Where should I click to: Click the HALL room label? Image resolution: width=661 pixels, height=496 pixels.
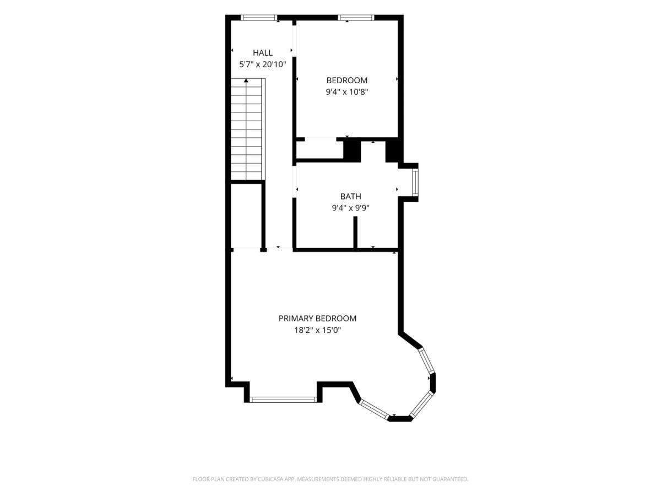tap(263, 53)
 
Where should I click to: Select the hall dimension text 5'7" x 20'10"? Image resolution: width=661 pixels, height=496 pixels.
tap(262, 64)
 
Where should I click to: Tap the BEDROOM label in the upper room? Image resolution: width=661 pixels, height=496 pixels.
tap(347, 80)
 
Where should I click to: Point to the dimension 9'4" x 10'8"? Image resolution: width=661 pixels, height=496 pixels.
tap(347, 92)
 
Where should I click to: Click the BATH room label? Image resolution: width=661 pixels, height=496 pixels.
tap(350, 196)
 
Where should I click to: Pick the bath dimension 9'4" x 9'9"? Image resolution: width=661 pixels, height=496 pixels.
tap(350, 208)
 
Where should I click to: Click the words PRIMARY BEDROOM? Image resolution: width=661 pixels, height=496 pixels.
tap(317, 319)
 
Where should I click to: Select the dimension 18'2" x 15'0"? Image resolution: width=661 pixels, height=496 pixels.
tap(317, 330)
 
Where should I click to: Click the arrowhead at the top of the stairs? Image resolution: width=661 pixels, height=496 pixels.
tap(246, 80)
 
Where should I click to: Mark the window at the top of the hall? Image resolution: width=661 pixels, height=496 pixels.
tap(259, 18)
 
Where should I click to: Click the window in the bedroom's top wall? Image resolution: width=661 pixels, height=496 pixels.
tap(356, 18)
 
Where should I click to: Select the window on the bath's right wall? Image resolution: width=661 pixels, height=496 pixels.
tap(415, 182)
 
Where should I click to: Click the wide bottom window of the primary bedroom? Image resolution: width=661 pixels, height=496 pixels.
tap(283, 400)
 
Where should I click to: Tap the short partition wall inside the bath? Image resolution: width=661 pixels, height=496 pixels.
tap(355, 232)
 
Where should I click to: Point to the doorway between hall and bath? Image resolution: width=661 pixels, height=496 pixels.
tap(294, 182)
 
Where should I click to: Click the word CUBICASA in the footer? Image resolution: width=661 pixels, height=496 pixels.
tap(270, 479)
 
